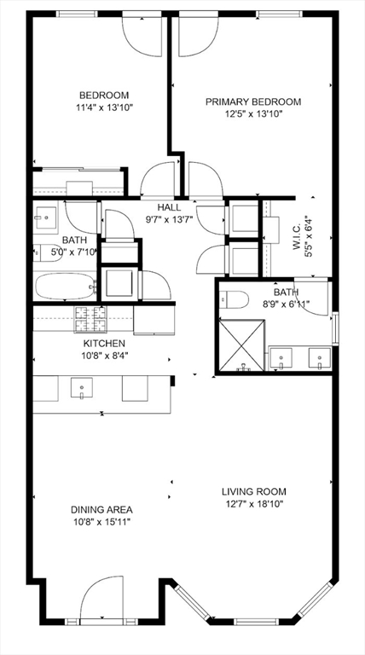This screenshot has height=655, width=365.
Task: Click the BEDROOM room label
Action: click(104, 95)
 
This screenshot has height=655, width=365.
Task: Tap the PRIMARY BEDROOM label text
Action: click(253, 101)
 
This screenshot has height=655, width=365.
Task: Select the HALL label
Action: click(169, 207)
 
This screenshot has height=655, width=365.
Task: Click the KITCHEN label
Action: click(105, 343)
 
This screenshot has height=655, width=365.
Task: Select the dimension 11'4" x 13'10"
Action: click(104, 107)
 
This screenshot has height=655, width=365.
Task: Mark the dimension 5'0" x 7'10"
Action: click(69, 252)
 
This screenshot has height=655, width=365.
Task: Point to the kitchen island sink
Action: click(81, 389)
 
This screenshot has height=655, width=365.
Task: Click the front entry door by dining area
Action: click(103, 602)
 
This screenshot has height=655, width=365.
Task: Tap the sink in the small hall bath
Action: click(43, 218)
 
